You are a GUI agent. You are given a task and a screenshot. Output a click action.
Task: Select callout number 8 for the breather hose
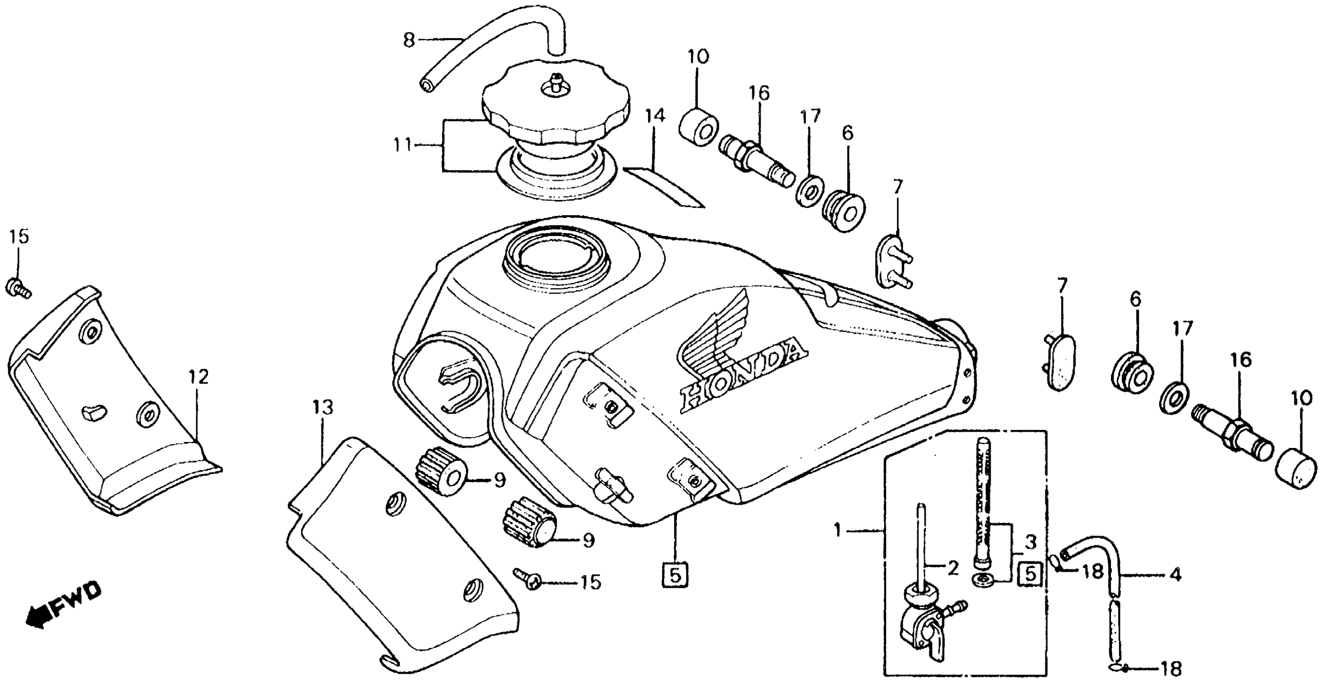[x=409, y=40]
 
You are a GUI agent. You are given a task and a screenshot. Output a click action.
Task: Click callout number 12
[x=199, y=378]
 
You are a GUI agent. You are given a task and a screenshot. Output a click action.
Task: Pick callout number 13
[x=322, y=408]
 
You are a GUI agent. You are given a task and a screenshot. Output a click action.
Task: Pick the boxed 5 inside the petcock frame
[x=1030, y=574]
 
